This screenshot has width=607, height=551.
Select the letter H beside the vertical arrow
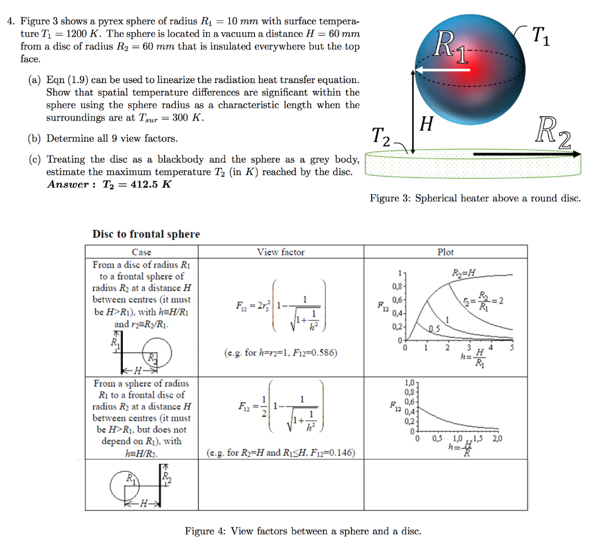(426, 124)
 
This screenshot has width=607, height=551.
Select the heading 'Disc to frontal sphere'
(146, 234)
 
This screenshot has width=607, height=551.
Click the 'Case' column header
(141, 252)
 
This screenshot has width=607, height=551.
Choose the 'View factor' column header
(280, 252)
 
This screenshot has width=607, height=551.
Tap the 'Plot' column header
(445, 252)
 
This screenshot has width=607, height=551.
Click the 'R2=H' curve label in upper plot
(464, 273)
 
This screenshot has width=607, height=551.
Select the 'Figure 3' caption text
(475, 198)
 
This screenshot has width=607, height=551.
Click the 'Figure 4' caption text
(303, 531)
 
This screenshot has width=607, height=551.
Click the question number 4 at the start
(10, 21)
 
